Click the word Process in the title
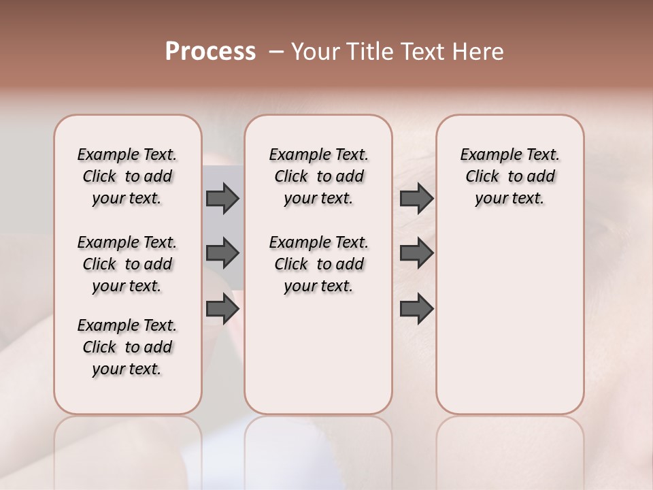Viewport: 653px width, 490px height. pos(210,52)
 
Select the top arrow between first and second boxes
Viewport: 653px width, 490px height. pos(222,198)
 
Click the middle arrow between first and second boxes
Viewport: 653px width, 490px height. pos(222,253)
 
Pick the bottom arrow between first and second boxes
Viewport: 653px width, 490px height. pos(222,309)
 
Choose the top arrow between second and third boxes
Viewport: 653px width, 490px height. pos(416,198)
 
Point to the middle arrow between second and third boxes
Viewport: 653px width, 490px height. pos(416,253)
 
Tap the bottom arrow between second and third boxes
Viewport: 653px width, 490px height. pos(416,309)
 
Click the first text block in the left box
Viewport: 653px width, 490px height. pos(127,176)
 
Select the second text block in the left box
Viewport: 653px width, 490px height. pos(127,264)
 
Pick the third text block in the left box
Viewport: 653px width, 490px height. pos(127,347)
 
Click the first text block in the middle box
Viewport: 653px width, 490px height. pos(318,176)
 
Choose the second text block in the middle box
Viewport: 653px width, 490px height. pos(318,264)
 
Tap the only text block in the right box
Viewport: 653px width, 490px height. pos(509,176)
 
